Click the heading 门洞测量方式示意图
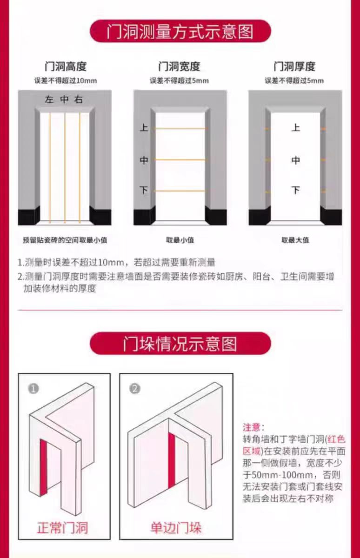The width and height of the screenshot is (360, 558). [x=180, y=32]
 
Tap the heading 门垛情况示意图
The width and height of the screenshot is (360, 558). [x=180, y=344]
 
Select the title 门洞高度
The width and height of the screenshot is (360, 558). [x=65, y=66]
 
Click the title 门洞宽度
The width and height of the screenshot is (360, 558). [x=179, y=66]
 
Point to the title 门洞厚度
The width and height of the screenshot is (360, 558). [x=294, y=66]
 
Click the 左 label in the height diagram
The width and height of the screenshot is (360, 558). [x=49, y=100]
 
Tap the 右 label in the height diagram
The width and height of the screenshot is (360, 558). [x=79, y=100]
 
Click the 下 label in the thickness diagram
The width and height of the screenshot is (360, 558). [x=295, y=190]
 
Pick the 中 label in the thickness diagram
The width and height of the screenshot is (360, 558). [x=295, y=160]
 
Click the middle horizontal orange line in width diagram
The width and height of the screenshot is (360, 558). [x=180, y=160]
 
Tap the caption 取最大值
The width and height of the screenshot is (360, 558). [x=295, y=240]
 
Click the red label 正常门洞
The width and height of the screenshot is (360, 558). [x=62, y=528]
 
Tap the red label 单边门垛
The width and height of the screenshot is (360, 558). [x=176, y=528]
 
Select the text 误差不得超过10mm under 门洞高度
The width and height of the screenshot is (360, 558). [x=65, y=80]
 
